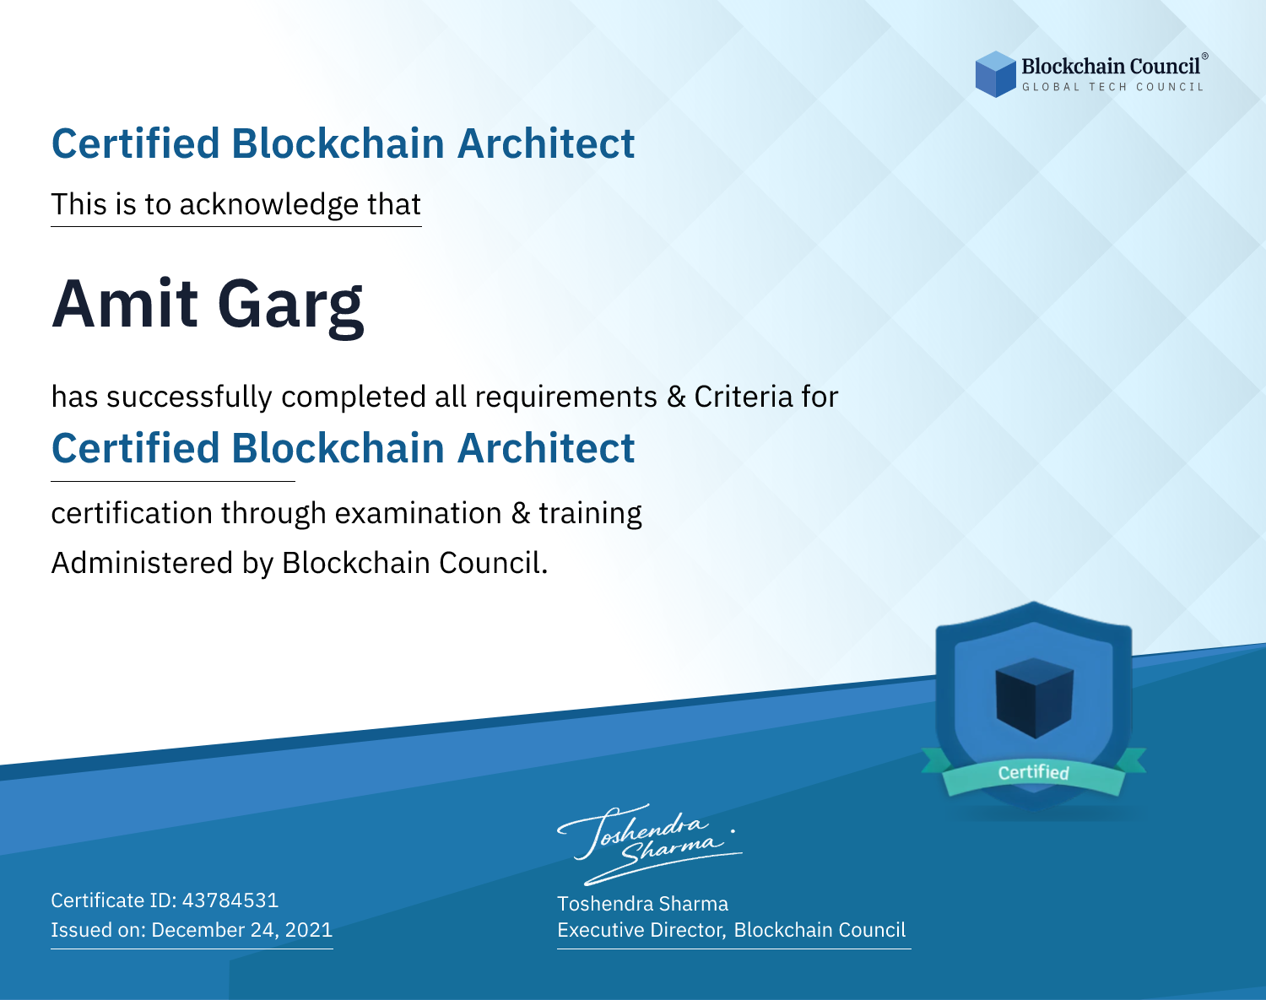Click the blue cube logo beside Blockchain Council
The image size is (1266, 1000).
(x=995, y=74)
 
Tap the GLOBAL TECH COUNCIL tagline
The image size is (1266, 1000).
(x=1113, y=87)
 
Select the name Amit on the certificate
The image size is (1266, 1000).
(x=125, y=304)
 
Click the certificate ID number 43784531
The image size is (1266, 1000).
(x=230, y=900)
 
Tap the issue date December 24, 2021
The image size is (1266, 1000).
(x=241, y=930)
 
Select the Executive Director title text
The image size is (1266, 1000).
(x=641, y=930)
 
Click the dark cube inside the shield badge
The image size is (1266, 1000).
(x=1034, y=698)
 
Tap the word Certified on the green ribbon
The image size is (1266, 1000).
(x=1034, y=772)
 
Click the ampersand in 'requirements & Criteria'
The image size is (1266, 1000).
(x=676, y=397)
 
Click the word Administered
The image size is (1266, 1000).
(x=142, y=563)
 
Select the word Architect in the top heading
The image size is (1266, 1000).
(x=546, y=143)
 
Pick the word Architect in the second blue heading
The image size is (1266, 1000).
(x=546, y=448)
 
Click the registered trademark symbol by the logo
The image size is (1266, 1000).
(x=1205, y=57)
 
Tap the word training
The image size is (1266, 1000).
(x=590, y=514)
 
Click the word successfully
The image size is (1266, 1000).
(x=189, y=397)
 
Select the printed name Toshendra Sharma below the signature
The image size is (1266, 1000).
(x=642, y=904)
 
